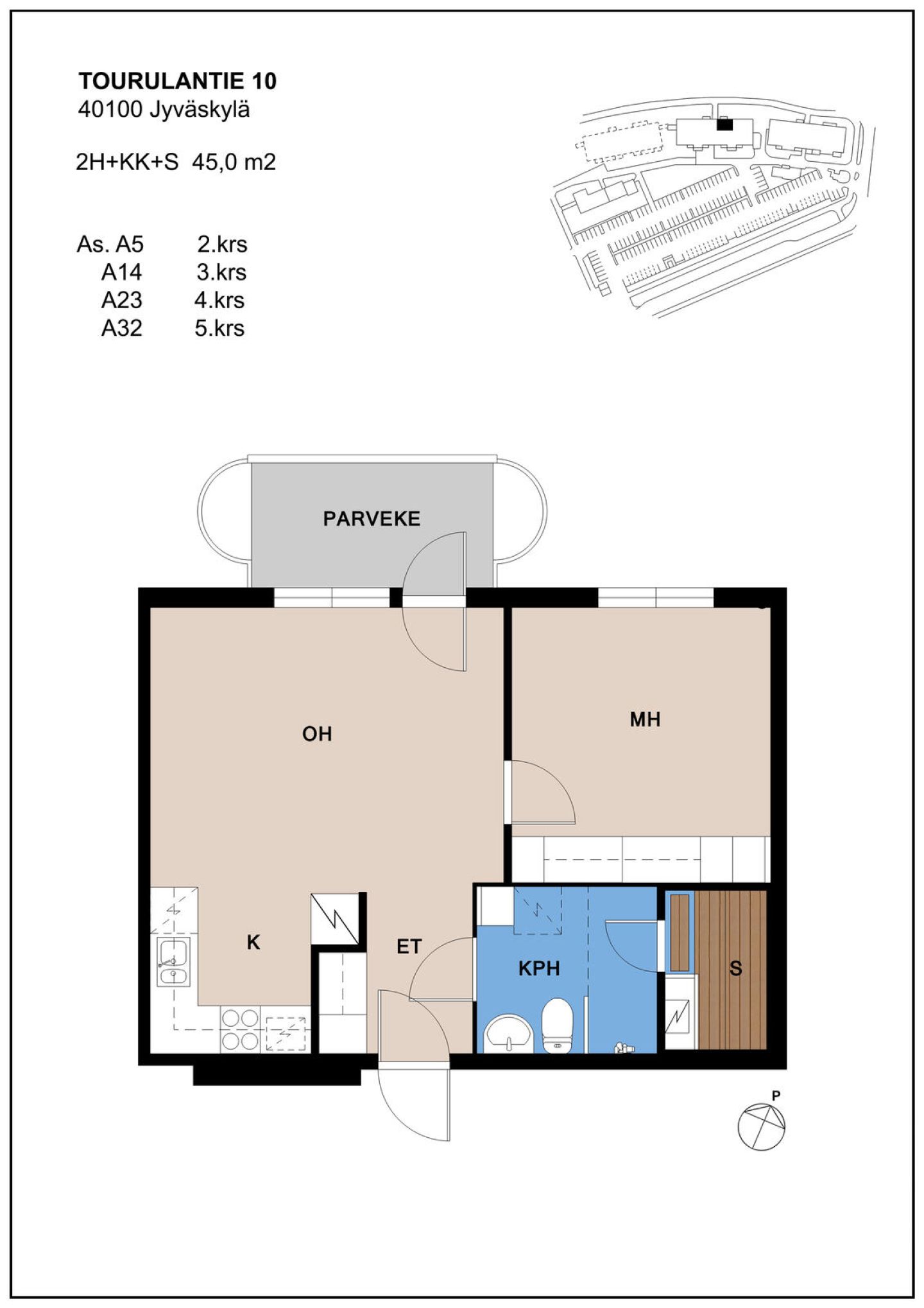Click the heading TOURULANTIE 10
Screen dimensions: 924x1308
click(x=177, y=81)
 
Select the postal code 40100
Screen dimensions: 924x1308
click(x=109, y=110)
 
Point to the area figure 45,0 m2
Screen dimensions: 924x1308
click(x=234, y=162)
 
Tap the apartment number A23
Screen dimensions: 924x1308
click(x=122, y=300)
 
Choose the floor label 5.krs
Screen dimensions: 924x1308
click(x=219, y=328)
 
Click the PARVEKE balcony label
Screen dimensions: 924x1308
click(x=372, y=519)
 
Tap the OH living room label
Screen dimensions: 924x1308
click(x=317, y=734)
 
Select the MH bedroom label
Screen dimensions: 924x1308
click(x=645, y=719)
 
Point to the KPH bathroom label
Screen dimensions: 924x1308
click(x=539, y=968)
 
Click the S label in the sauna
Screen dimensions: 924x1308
click(x=735, y=968)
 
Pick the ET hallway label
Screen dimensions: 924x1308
click(x=409, y=946)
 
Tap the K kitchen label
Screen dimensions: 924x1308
click(x=253, y=943)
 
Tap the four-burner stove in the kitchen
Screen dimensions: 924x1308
click(x=240, y=1030)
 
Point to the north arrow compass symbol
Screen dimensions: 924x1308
click(x=761, y=1127)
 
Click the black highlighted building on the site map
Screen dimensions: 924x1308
click(x=724, y=124)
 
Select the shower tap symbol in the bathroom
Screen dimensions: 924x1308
click(x=624, y=1047)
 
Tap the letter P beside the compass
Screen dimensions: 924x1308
click(x=776, y=1095)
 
